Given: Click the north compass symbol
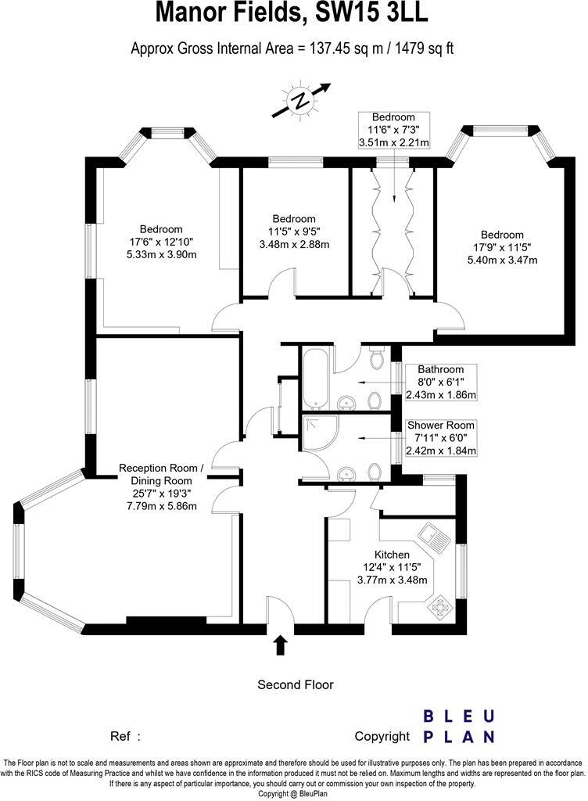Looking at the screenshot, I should [299, 99].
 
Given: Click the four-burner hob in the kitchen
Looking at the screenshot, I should [440, 606].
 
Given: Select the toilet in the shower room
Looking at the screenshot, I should [376, 472].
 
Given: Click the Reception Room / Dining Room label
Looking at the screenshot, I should [161, 474].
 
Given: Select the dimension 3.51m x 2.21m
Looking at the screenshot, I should [393, 143].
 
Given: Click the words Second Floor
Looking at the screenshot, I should [296, 684].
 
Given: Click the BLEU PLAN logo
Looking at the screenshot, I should [459, 725].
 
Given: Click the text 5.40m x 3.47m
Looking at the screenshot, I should [501, 260].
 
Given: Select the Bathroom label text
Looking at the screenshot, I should [440, 369].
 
